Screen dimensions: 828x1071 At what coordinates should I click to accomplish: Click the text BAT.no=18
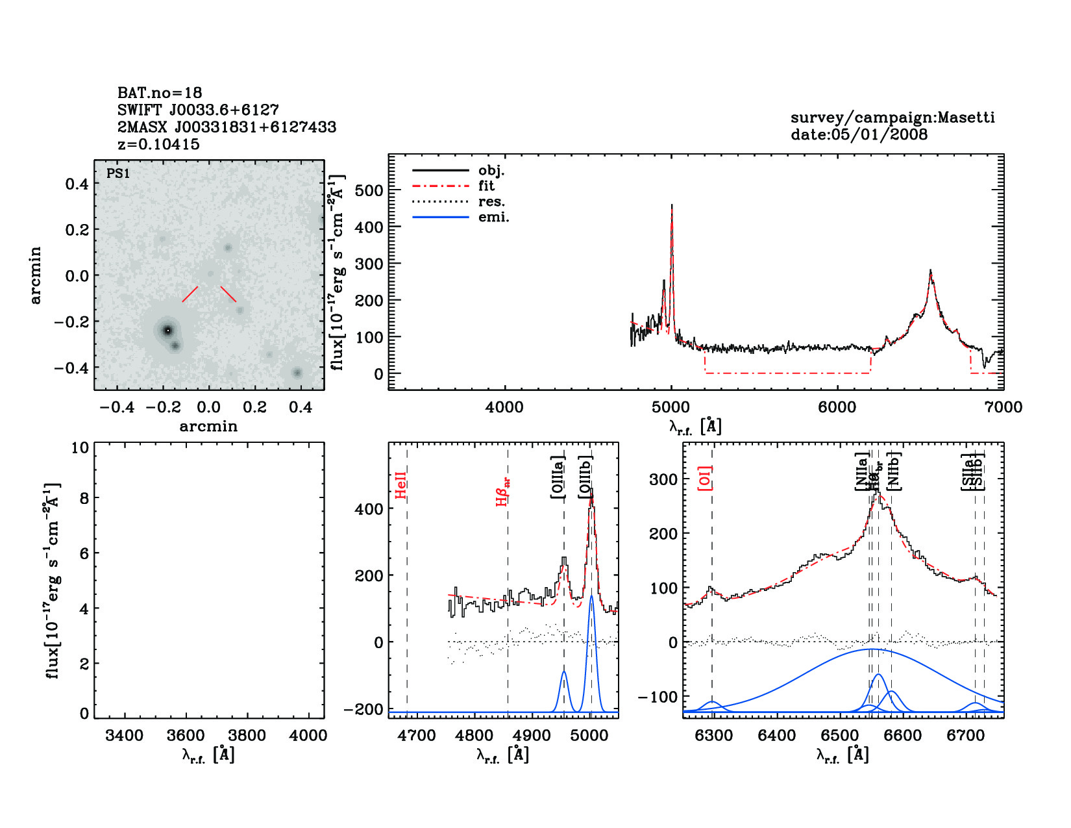160,93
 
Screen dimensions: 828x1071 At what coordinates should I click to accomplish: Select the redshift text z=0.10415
159,144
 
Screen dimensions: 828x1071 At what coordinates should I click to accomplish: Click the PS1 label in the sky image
118,173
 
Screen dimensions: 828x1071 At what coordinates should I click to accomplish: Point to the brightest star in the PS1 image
167,330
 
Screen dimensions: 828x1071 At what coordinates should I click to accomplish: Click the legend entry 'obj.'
491,171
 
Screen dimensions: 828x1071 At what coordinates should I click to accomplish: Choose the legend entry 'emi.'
493,218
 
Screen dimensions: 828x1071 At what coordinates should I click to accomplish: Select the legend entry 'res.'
491,202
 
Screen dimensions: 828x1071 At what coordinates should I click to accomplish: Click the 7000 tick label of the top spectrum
1003,407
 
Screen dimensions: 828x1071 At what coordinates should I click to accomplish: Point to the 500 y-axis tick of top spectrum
369,190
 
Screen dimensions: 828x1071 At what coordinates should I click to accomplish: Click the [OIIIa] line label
558,477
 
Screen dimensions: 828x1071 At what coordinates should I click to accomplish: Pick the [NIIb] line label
894,470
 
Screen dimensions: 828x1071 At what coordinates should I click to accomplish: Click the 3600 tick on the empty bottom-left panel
186,736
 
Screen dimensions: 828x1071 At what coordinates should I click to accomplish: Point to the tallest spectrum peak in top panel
672,206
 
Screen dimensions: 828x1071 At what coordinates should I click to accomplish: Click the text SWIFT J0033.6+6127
198,110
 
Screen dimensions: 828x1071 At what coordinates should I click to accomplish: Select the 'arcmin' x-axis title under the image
208,427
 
